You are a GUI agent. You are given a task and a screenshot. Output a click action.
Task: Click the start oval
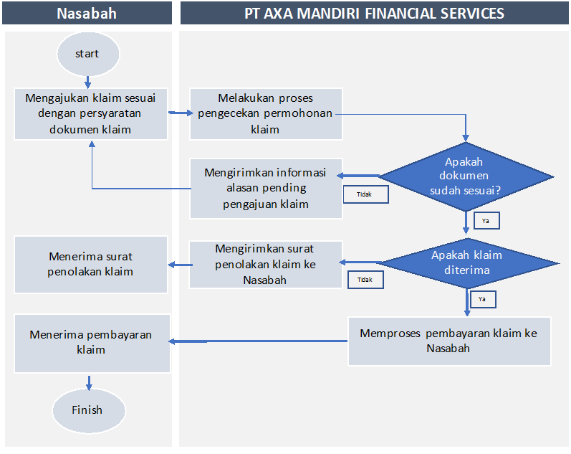tap(87, 55)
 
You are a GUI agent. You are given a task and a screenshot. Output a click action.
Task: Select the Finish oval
tap(87, 410)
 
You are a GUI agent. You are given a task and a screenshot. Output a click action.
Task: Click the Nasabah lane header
tap(87, 13)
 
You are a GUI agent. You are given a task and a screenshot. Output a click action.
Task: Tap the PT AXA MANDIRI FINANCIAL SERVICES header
tap(374, 13)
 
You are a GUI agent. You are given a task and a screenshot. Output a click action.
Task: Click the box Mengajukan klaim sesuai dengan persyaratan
tap(91, 113)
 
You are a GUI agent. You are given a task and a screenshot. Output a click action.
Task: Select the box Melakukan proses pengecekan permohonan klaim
tap(266, 113)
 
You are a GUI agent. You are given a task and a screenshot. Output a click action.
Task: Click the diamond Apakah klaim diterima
tap(466, 263)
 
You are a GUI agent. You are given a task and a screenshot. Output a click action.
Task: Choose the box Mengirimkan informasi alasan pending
tap(266, 188)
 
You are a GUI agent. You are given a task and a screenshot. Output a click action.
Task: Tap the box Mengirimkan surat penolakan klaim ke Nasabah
tap(265, 265)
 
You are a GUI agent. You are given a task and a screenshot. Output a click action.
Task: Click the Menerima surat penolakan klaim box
tap(91, 264)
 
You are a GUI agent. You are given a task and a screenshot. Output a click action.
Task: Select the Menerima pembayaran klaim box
tap(92, 342)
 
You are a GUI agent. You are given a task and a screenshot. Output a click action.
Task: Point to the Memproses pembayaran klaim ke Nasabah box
tap(449, 341)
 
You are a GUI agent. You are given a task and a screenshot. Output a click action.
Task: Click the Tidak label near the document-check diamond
tap(364, 194)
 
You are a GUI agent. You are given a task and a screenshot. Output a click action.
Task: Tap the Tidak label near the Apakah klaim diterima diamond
tap(365, 280)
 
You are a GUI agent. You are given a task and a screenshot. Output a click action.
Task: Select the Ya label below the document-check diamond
tap(486, 221)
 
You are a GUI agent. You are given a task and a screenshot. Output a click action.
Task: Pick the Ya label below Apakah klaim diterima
tap(482, 298)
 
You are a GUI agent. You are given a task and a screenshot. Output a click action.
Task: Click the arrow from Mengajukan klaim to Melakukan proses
tap(179, 113)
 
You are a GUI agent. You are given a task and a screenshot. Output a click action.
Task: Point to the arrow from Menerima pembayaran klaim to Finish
tap(89, 382)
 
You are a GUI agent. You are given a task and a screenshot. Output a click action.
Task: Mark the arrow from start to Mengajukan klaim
tap(87, 80)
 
